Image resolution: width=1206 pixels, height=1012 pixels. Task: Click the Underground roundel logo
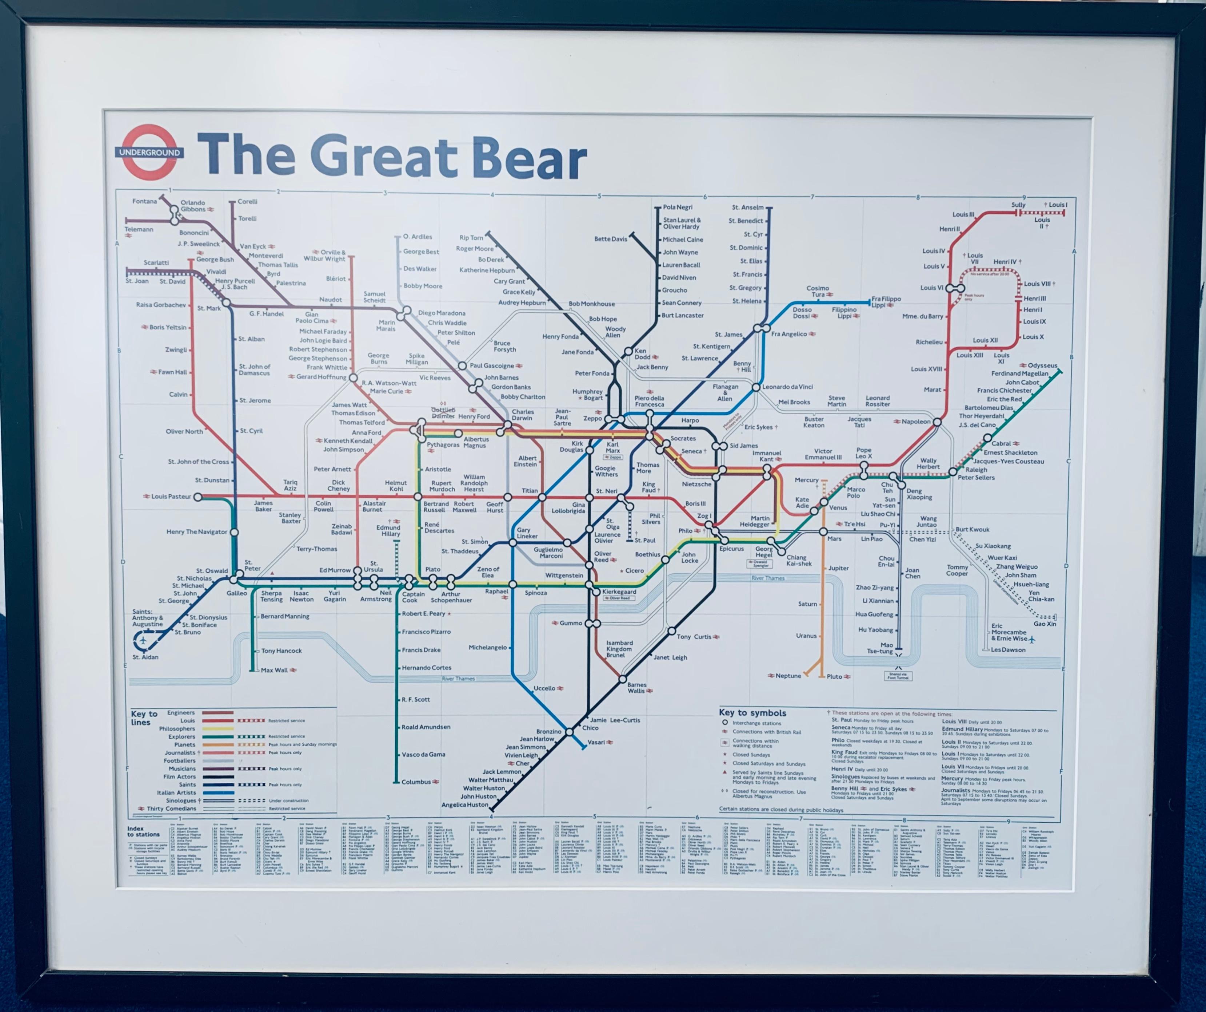tap(149, 152)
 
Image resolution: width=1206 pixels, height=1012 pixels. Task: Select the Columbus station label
tap(416, 782)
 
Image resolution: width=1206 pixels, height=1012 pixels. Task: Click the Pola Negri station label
tap(678, 207)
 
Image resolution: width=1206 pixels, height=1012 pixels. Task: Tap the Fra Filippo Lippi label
tap(886, 302)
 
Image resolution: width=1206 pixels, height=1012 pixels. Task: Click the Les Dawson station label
tap(1008, 650)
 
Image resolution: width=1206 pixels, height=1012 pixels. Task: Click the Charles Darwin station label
tap(523, 415)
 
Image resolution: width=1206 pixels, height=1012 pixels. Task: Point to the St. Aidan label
tap(145, 657)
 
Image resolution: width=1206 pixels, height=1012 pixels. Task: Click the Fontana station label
tap(144, 201)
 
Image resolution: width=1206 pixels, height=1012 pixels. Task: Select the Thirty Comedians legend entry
tap(171, 809)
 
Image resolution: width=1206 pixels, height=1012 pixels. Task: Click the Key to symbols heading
tap(752, 713)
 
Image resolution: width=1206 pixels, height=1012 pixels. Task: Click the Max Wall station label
tap(275, 670)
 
